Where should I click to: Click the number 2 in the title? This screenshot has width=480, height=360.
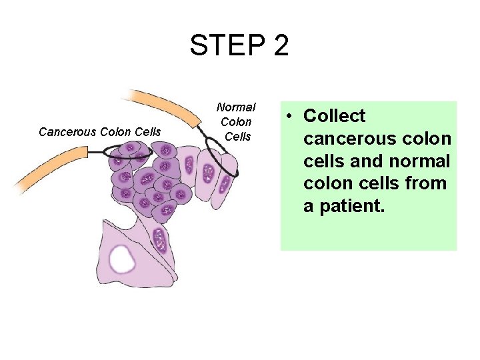(281, 45)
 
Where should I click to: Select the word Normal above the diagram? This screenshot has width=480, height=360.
(236, 107)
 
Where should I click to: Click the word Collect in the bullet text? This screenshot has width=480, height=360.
(335, 116)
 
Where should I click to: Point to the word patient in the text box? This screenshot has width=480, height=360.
(344, 206)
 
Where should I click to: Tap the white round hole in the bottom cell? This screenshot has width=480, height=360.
(123, 258)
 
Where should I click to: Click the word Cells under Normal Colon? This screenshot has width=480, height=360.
(237, 137)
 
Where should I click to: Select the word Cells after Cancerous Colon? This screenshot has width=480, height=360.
(147, 132)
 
